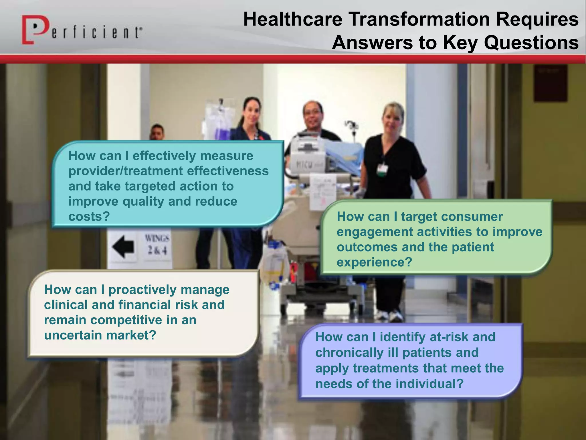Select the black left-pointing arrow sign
click(123, 246)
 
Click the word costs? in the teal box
click(89, 217)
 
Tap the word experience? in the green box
click(374, 262)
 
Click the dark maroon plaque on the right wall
click(550, 83)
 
